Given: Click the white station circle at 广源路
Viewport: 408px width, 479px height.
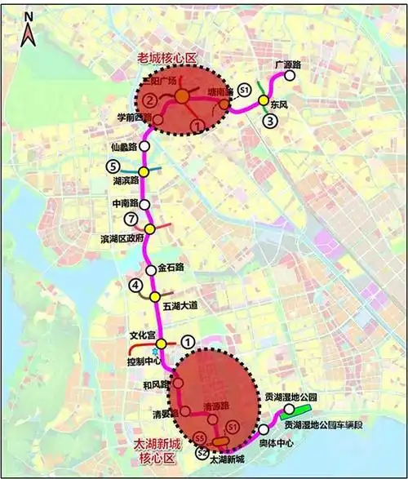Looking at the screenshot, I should click(x=287, y=75).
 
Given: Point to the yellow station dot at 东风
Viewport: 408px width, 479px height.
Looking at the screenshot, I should click(x=263, y=100).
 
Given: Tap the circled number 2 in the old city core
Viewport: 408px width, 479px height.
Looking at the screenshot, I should click(x=150, y=100).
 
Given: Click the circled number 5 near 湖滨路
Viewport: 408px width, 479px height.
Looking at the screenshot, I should click(x=113, y=166).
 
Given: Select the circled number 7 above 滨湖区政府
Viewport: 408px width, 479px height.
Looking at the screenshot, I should click(x=129, y=219).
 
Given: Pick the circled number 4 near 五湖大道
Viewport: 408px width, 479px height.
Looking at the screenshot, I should click(x=134, y=286).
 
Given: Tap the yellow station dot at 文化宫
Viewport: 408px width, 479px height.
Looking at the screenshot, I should click(x=162, y=344).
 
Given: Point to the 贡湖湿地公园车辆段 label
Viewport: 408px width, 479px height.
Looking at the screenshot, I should click(x=327, y=425).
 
